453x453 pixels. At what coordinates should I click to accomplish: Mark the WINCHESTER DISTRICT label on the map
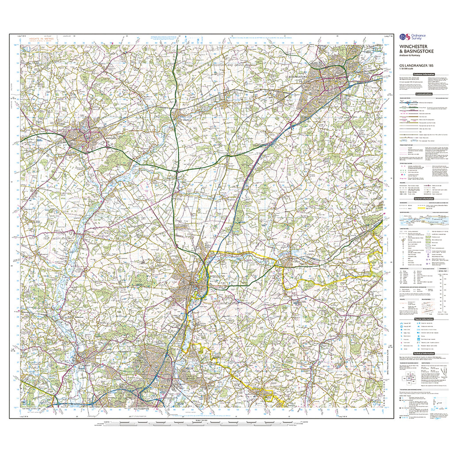click(233, 303)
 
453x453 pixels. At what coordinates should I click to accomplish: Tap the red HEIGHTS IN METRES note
click(40, 39)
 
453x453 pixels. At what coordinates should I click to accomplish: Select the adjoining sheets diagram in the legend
click(409, 379)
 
